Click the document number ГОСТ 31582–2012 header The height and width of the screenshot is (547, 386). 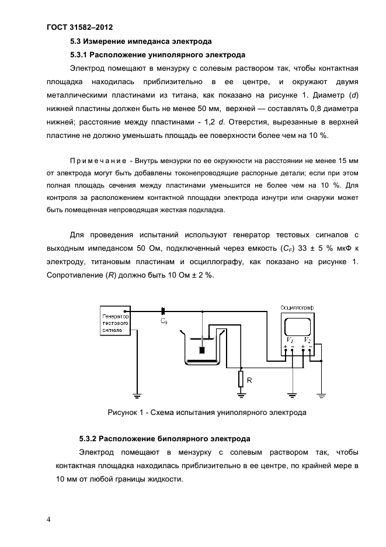coord(79,27)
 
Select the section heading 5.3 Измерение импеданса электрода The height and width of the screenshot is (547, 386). coord(140,41)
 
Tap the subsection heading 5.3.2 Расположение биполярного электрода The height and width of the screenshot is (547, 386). coord(165,438)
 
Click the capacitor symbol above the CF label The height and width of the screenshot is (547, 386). coord(164,311)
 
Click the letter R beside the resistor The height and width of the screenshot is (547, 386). coord(249,380)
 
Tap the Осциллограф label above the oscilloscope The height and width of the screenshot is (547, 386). coord(297,307)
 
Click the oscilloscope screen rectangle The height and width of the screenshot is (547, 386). coord(298,324)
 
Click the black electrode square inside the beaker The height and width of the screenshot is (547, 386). coord(202,351)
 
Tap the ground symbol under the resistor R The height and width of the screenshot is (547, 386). coord(240,396)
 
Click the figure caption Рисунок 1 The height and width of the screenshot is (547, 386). coord(207,413)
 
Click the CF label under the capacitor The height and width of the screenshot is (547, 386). coord(164,321)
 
